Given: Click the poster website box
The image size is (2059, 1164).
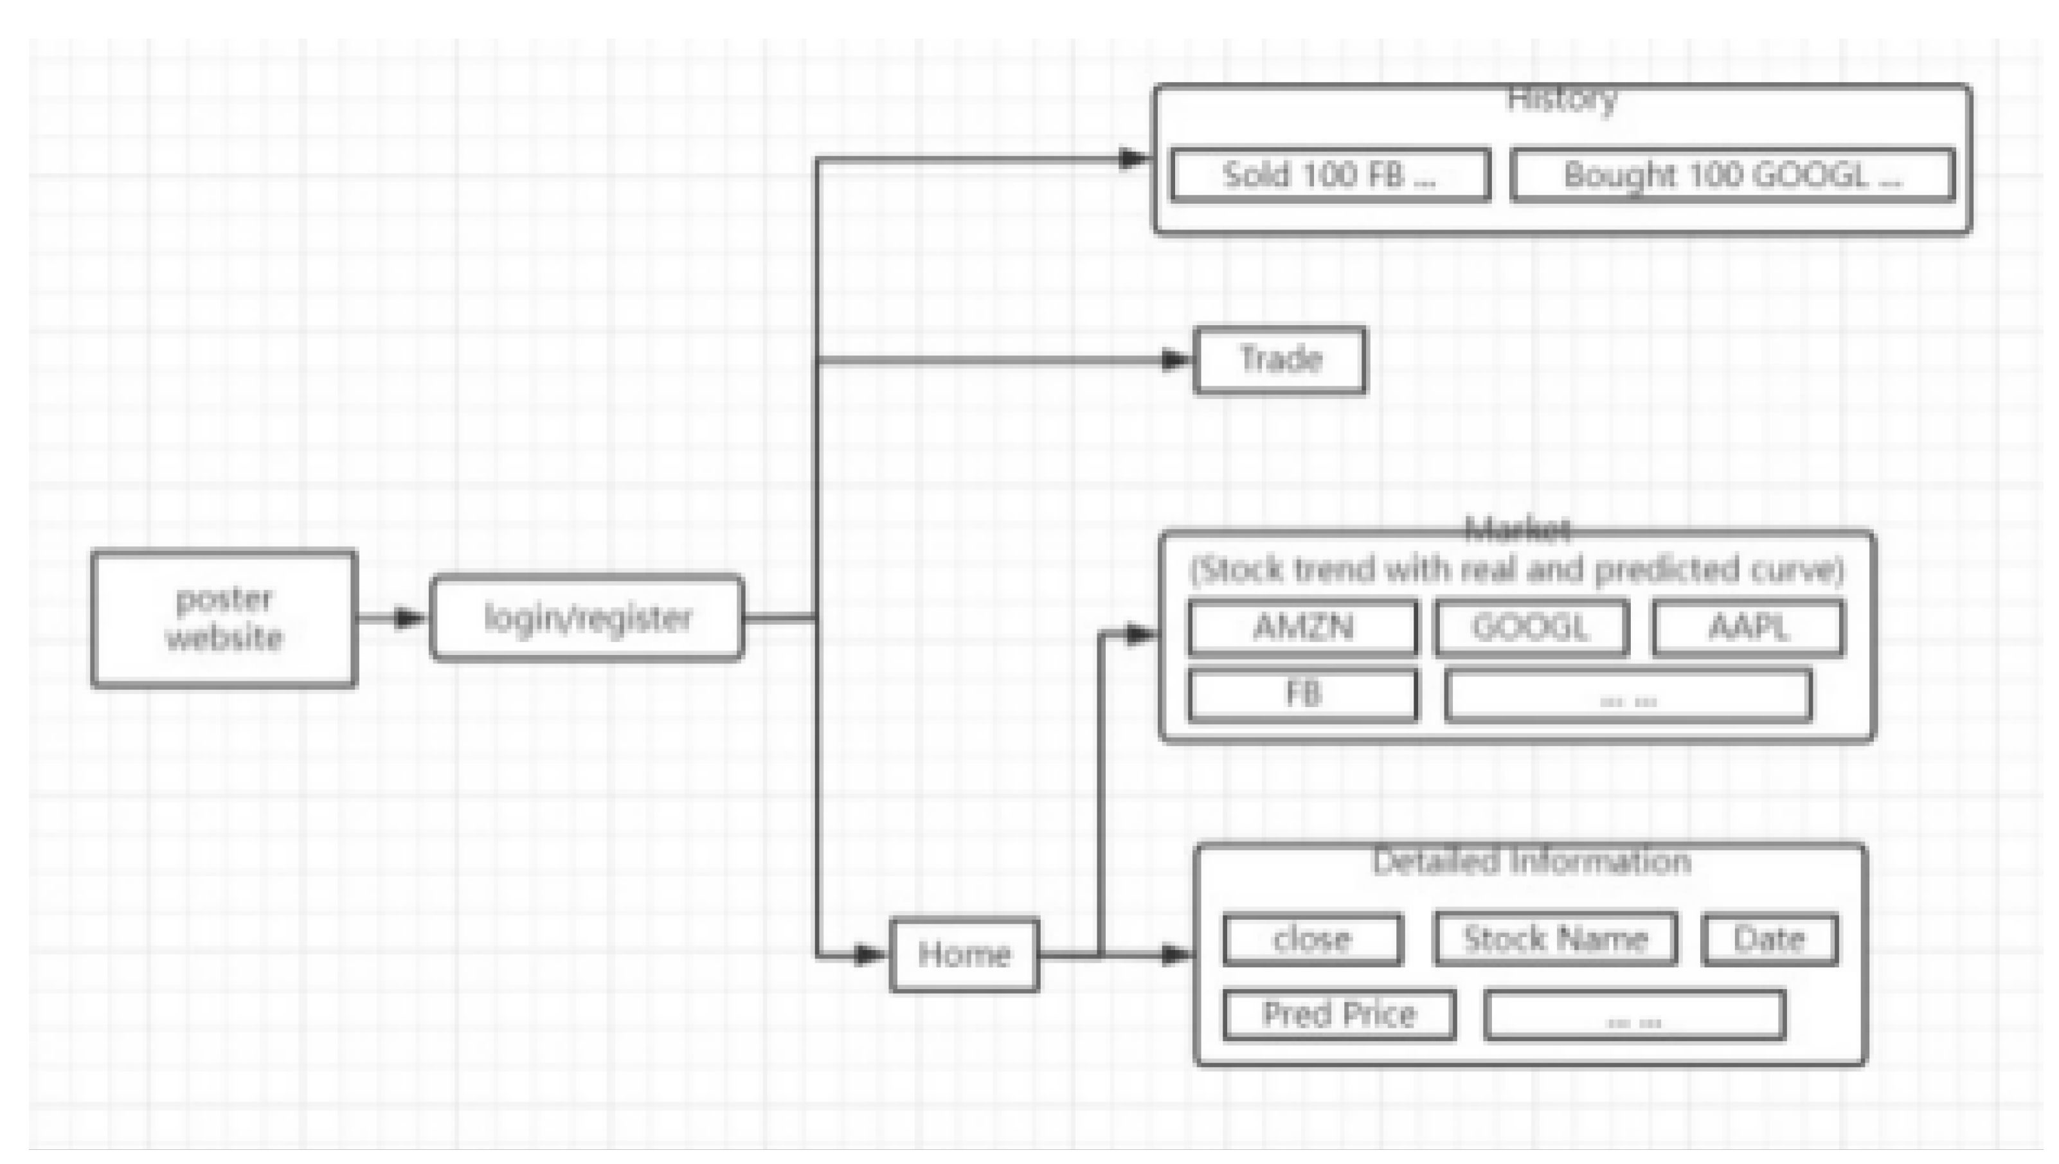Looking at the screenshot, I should click(x=224, y=618).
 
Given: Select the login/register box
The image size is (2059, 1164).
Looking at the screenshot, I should click(x=588, y=618).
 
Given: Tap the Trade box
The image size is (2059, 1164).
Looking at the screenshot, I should click(x=1280, y=360).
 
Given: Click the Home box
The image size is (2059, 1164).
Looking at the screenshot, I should click(x=965, y=954).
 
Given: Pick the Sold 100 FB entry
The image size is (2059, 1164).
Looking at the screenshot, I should click(x=1330, y=174).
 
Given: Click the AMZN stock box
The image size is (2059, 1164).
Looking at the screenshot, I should click(x=1303, y=627).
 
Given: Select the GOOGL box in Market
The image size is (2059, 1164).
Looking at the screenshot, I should click(x=1531, y=627).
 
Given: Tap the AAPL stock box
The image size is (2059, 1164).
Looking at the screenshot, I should click(x=1748, y=627).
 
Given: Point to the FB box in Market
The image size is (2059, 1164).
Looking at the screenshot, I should click(x=1303, y=695).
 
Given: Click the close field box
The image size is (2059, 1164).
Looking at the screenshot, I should click(x=1313, y=939).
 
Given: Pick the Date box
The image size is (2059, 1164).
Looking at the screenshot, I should click(x=1770, y=939).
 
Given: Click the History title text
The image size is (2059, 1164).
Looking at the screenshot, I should click(x=1562, y=100).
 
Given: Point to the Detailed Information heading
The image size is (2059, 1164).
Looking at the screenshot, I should click(x=1531, y=862).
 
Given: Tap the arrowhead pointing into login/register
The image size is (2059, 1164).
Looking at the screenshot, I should click(x=410, y=618).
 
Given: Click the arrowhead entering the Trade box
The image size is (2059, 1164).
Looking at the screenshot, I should click(x=1175, y=361).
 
